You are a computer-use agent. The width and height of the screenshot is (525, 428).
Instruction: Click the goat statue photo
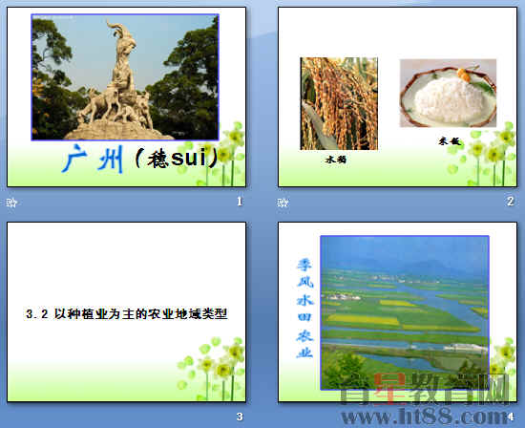pyautogui.click(x=124, y=76)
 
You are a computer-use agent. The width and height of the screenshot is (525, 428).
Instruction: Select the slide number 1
pyautogui.click(x=240, y=202)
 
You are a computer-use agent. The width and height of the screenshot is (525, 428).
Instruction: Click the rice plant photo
pyautogui.click(x=339, y=103)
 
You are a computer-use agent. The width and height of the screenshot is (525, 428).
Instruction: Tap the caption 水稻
pyautogui.click(x=335, y=160)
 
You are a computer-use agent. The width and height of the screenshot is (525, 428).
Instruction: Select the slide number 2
pyautogui.click(x=510, y=202)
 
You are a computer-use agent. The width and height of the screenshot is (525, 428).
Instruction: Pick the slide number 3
pyautogui.click(x=240, y=417)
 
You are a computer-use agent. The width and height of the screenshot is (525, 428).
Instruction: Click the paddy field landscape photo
pyautogui.click(x=404, y=310)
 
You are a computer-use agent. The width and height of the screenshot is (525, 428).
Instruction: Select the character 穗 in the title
pyautogui.click(x=158, y=160)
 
